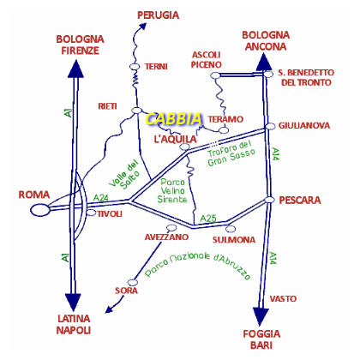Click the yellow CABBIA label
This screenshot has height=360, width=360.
(x=174, y=118)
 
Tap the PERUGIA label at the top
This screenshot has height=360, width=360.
(x=158, y=15)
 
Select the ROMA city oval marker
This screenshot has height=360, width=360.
(x=40, y=210)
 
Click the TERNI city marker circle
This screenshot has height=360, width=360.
(x=135, y=67)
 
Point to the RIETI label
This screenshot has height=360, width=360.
(x=107, y=106)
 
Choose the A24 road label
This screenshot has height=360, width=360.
(x=101, y=198)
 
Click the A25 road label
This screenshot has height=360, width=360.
(x=208, y=219)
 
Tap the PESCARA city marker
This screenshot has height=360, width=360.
(x=269, y=200)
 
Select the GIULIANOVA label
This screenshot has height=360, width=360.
(x=304, y=125)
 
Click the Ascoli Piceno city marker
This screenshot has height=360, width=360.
(x=215, y=75)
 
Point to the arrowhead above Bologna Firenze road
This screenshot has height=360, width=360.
(x=75, y=69)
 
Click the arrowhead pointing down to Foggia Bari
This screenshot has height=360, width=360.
(x=261, y=316)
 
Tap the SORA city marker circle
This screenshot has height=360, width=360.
(x=132, y=282)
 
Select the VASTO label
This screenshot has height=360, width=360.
(x=283, y=299)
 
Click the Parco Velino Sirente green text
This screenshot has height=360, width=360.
(x=172, y=190)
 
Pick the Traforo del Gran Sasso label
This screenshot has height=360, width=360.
(x=231, y=153)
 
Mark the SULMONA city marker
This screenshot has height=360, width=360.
(x=231, y=229)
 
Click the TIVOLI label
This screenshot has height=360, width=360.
(x=110, y=214)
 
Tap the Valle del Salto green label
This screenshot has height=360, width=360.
(x=124, y=174)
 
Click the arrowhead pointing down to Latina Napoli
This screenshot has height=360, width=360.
(x=73, y=303)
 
